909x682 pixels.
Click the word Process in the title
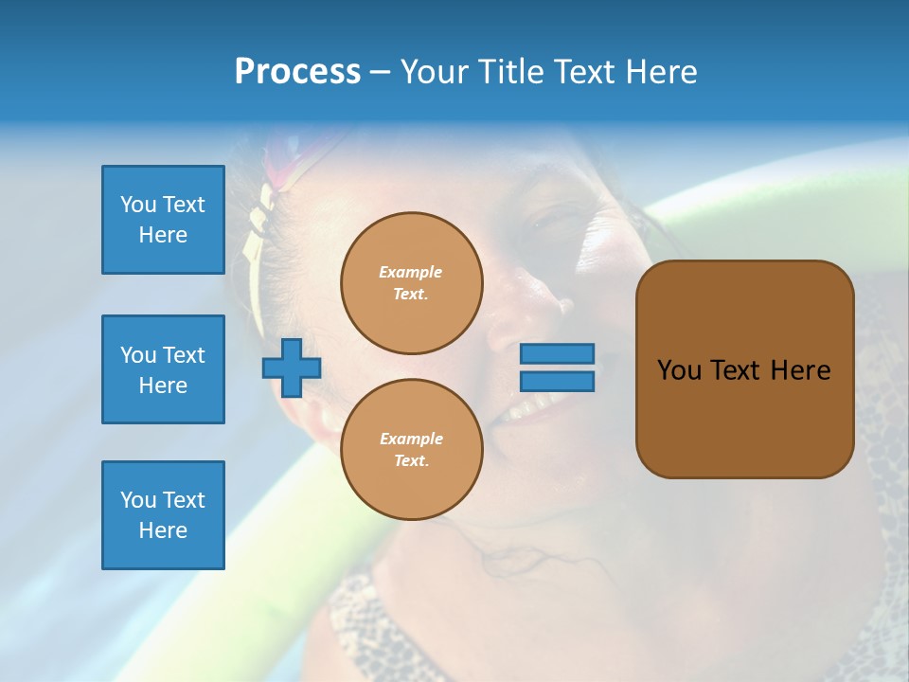point(297,72)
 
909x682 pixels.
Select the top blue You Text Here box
point(163,220)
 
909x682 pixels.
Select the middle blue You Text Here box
point(163,369)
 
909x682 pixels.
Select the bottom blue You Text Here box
point(163,515)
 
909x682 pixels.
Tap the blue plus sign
point(292,368)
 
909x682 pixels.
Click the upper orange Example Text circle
point(412,283)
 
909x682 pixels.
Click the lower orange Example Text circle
point(412,450)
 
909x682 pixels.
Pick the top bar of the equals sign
point(558,353)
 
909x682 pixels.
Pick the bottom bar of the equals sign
point(558,382)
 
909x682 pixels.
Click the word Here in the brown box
point(800,370)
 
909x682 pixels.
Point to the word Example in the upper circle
point(411,272)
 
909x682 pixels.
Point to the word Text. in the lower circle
point(411,461)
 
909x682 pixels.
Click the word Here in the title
point(660,72)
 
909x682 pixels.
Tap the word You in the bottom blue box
point(138,500)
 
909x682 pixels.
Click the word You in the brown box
point(678,370)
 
